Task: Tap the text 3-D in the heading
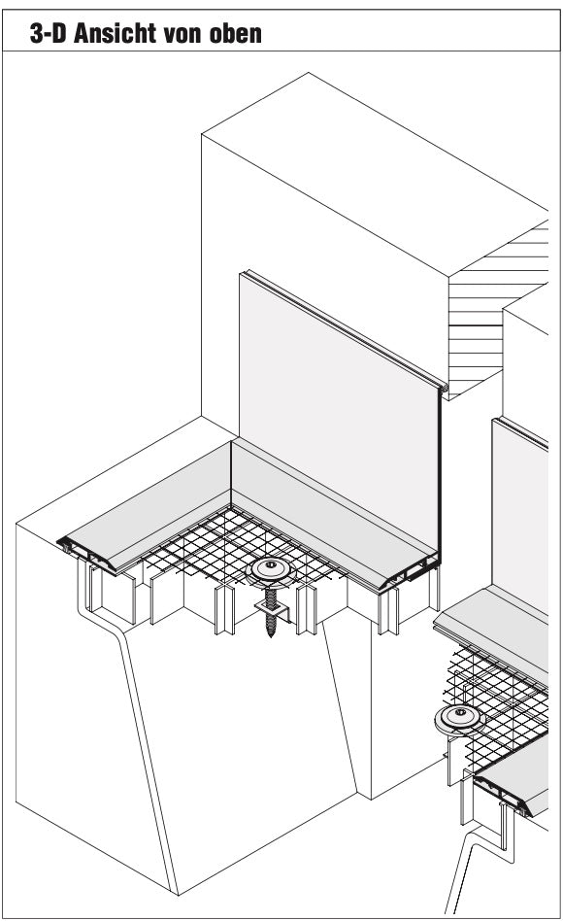(x=48, y=33)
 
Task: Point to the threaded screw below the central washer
(x=270, y=611)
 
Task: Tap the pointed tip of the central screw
(x=271, y=636)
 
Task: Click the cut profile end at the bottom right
(x=504, y=797)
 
